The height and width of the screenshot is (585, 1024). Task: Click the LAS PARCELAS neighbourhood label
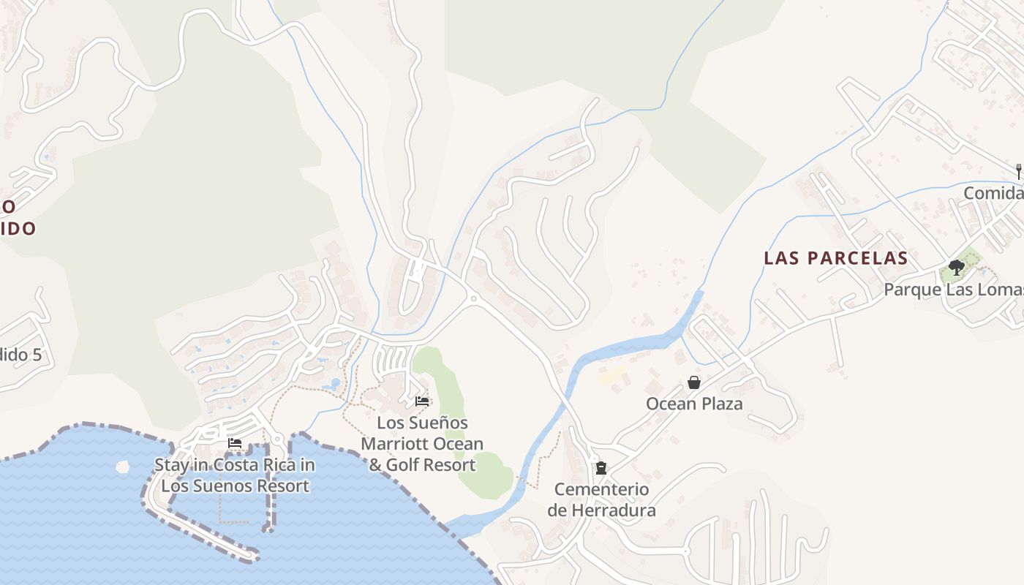(x=835, y=258)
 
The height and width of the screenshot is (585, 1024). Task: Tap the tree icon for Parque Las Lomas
(x=956, y=268)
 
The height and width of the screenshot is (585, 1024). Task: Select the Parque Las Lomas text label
(x=953, y=290)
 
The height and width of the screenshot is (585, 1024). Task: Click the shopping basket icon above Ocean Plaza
(x=693, y=382)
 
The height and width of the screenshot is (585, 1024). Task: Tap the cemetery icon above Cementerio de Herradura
(x=601, y=468)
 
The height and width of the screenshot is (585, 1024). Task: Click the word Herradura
(x=601, y=510)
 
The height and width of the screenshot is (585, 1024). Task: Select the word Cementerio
(x=601, y=489)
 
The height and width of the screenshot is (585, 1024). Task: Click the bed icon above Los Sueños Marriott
(x=422, y=401)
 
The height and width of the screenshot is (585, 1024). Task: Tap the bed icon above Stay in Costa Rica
(x=235, y=443)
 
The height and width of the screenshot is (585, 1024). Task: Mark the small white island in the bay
(x=122, y=466)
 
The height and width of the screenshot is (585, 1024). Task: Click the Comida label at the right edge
(x=993, y=193)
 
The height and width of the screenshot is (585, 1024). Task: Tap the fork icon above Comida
(x=1018, y=172)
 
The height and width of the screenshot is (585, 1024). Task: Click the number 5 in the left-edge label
(x=37, y=355)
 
